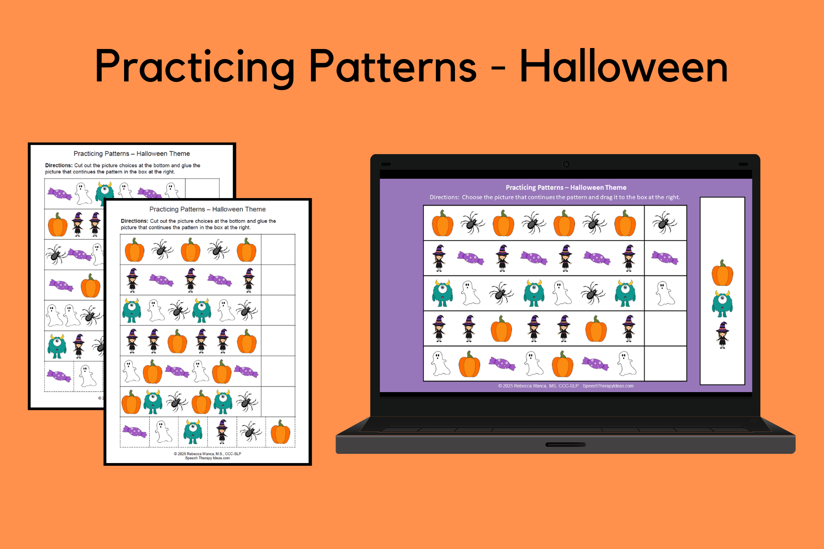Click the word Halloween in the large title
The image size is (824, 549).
(623, 66)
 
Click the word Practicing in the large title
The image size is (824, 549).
(195, 67)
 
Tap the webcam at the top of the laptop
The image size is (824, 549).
(566, 164)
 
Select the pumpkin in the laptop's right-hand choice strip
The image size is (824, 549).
(722, 273)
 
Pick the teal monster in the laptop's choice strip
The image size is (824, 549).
(722, 304)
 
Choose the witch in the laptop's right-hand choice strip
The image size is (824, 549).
(722, 335)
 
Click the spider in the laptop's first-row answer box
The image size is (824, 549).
(665, 223)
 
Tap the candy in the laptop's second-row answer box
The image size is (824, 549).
(665, 258)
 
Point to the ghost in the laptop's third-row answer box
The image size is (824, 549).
(665, 293)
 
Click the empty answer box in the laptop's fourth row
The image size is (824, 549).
(666, 328)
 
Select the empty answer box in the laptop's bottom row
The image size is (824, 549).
(666, 364)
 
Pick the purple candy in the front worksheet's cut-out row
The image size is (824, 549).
(135, 431)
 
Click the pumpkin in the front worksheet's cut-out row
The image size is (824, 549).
(280, 432)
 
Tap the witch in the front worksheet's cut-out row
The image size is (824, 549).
(222, 431)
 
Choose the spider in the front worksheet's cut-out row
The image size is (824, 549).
(250, 431)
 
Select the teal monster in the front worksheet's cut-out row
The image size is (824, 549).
(193, 432)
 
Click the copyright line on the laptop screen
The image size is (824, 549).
(566, 386)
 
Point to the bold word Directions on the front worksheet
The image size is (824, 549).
(135, 221)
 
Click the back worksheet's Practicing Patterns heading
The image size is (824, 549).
(132, 154)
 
